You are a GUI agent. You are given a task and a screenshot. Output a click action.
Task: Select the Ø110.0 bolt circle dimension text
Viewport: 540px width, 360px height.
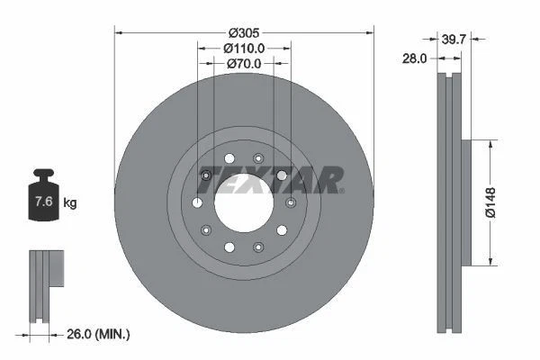tap(243, 47)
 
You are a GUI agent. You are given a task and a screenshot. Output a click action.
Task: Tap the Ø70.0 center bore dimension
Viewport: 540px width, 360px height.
tap(243, 64)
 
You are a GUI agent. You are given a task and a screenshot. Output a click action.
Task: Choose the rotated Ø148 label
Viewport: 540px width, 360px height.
tap(489, 202)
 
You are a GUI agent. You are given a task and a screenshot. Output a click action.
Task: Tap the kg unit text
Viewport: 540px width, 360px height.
tap(70, 203)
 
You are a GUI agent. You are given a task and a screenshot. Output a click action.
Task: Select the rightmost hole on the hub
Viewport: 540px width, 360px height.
tap(290, 202)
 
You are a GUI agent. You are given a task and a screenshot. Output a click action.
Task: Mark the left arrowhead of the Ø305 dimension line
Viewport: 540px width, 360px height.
tap(118, 32)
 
